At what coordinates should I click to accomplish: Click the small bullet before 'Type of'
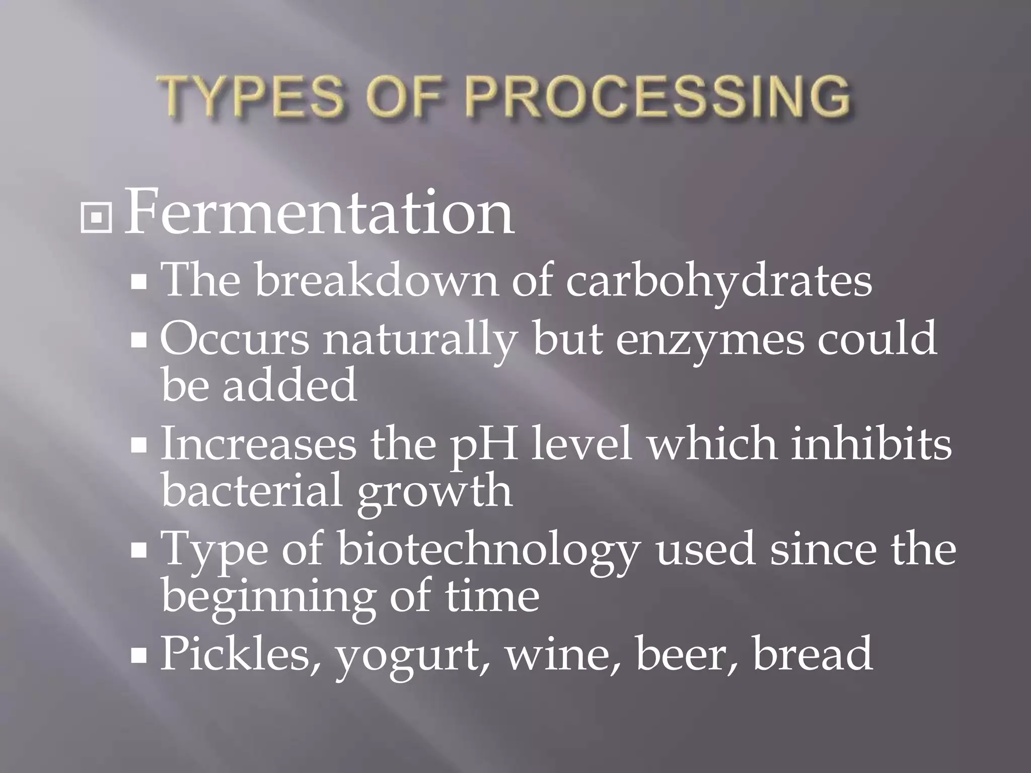[138, 552]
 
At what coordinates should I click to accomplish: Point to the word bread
[812, 653]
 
